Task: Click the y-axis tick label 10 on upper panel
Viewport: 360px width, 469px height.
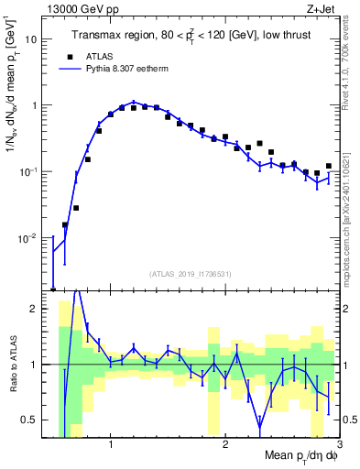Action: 31,39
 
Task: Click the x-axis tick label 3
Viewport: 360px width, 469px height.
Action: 338,444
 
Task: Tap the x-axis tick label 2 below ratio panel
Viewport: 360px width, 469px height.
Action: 225,444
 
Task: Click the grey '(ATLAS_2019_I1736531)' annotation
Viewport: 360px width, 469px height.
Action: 197,274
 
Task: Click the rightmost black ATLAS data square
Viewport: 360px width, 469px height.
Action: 328,166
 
